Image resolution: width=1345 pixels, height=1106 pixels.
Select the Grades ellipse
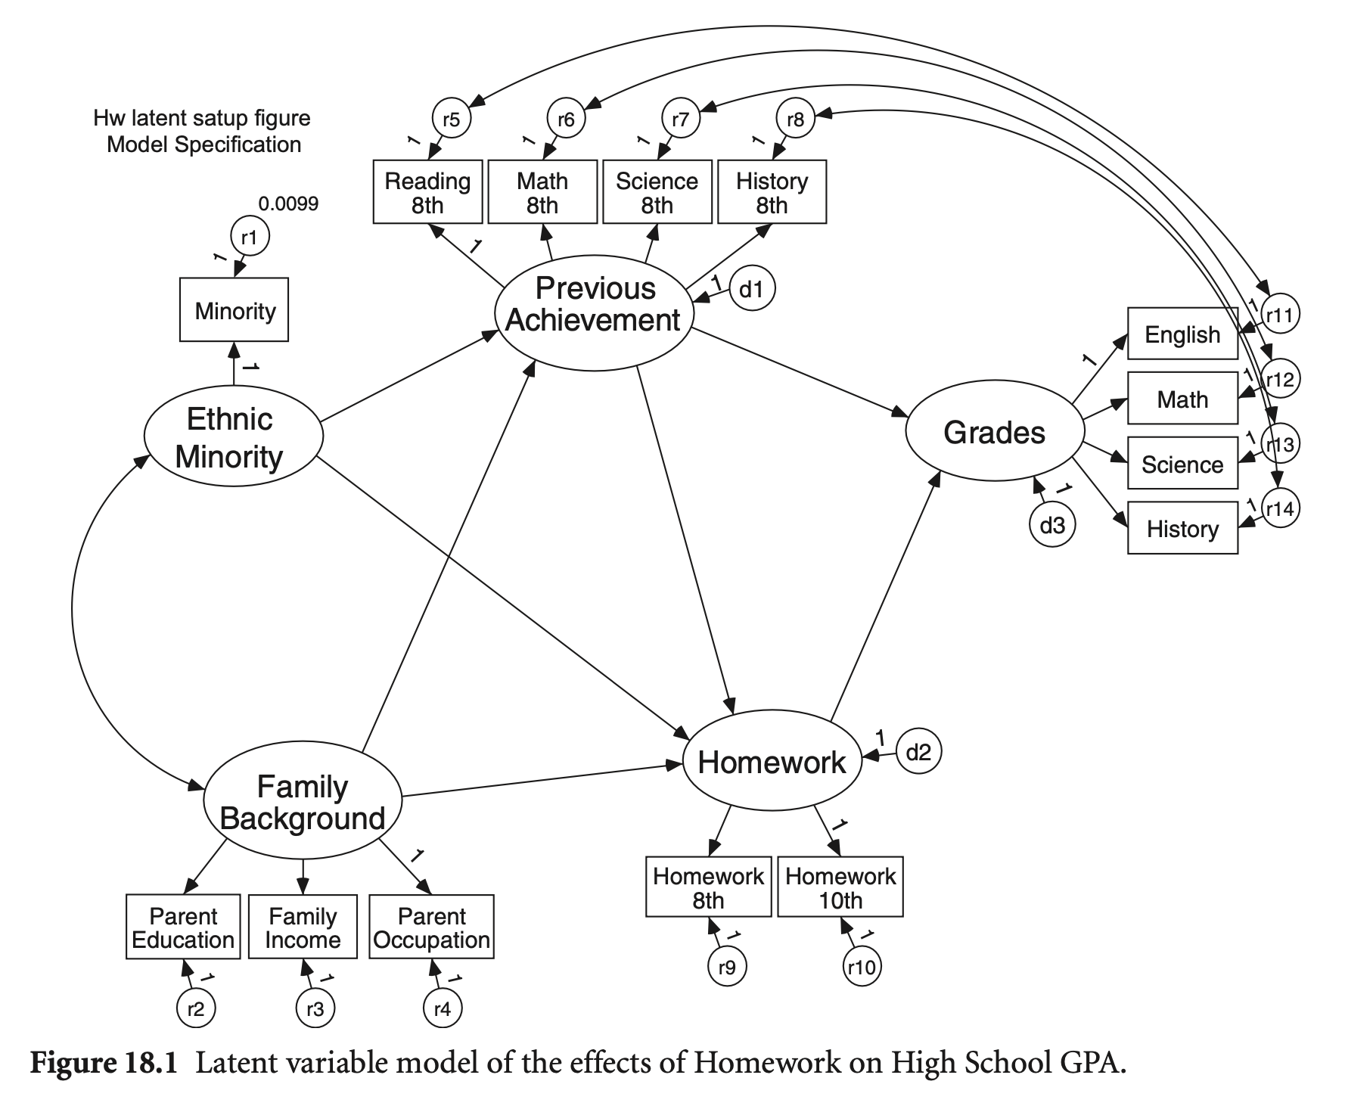pyautogui.click(x=994, y=432)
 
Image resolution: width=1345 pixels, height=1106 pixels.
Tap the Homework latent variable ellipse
pyautogui.click(x=772, y=761)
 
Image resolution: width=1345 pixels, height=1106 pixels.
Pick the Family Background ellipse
pyautogui.click(x=303, y=802)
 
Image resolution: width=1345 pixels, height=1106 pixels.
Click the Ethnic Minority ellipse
pyautogui.click(x=233, y=436)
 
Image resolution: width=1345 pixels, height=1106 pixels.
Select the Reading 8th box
pyautogui.click(x=427, y=192)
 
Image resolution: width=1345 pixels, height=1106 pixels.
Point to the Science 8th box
pyautogui.click(x=657, y=192)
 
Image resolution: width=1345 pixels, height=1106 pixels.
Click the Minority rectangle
pyautogui.click(x=234, y=310)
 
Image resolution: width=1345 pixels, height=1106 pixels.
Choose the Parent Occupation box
pyautogui.click(x=431, y=927)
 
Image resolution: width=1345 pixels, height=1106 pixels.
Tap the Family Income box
pyautogui.click(x=303, y=927)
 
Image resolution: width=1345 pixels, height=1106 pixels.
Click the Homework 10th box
pyautogui.click(x=840, y=887)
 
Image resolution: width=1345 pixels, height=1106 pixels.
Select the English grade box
pyautogui.click(x=1182, y=334)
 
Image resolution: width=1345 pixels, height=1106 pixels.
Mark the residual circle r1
pyautogui.click(x=250, y=238)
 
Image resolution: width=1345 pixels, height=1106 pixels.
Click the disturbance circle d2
pyautogui.click(x=918, y=752)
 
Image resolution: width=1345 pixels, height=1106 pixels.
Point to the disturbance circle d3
pyautogui.click(x=1051, y=525)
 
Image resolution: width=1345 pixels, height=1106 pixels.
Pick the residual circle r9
pyautogui.click(x=727, y=967)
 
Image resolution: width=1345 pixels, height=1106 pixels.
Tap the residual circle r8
pyautogui.click(x=795, y=119)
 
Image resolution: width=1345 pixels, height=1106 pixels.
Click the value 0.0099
pyautogui.click(x=288, y=203)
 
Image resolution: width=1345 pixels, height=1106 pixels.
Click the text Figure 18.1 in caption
pyautogui.click(x=104, y=1064)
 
